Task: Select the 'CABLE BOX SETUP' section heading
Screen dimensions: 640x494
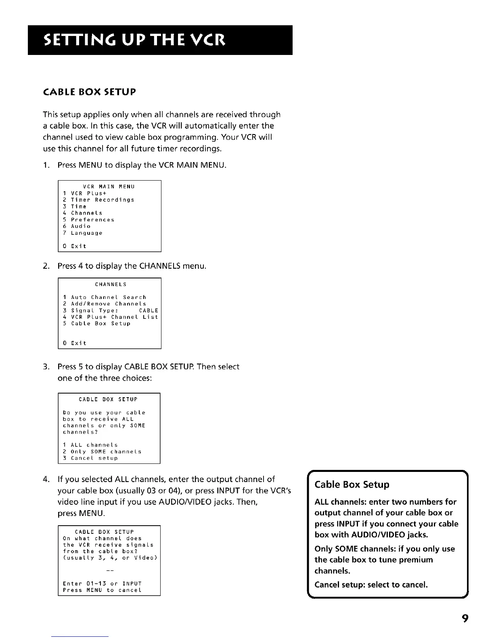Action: [x=89, y=92]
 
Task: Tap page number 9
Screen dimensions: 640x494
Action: [x=465, y=619]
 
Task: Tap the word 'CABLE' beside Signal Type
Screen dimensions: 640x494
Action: [x=149, y=311]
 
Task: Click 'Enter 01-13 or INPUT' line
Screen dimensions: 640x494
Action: [x=102, y=584]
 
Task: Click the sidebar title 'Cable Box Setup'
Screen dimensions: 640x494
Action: [x=352, y=484]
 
